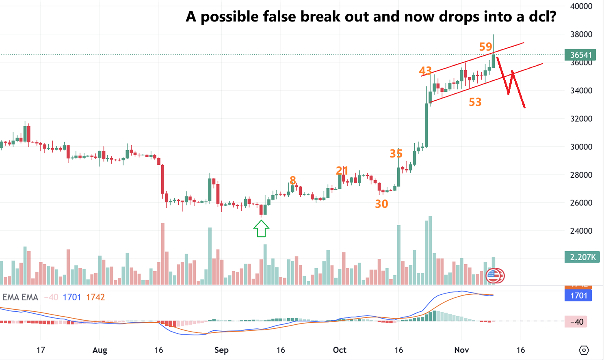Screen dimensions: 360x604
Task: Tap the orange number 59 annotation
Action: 485,47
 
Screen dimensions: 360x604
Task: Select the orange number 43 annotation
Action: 425,71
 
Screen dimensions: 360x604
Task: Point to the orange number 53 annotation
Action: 475,102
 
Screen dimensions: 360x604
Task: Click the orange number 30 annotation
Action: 381,204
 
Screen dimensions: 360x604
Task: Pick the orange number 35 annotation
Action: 396,153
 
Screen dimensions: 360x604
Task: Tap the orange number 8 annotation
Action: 292,180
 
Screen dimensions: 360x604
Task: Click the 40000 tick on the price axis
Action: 581,6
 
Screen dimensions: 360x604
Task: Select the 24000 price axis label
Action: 581,231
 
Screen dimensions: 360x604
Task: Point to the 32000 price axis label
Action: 581,119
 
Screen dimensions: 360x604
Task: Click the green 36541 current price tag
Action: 581,55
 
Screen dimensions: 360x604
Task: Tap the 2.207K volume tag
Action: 582,257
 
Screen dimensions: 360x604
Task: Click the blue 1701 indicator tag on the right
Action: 578,295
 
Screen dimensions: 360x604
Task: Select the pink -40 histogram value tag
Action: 576,322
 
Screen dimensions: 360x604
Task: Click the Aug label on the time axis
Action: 100,350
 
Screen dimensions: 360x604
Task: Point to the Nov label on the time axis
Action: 461,350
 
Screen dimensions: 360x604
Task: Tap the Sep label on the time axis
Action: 221,350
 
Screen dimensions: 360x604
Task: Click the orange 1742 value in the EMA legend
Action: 95,297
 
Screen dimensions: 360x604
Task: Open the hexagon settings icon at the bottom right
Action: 584,350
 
